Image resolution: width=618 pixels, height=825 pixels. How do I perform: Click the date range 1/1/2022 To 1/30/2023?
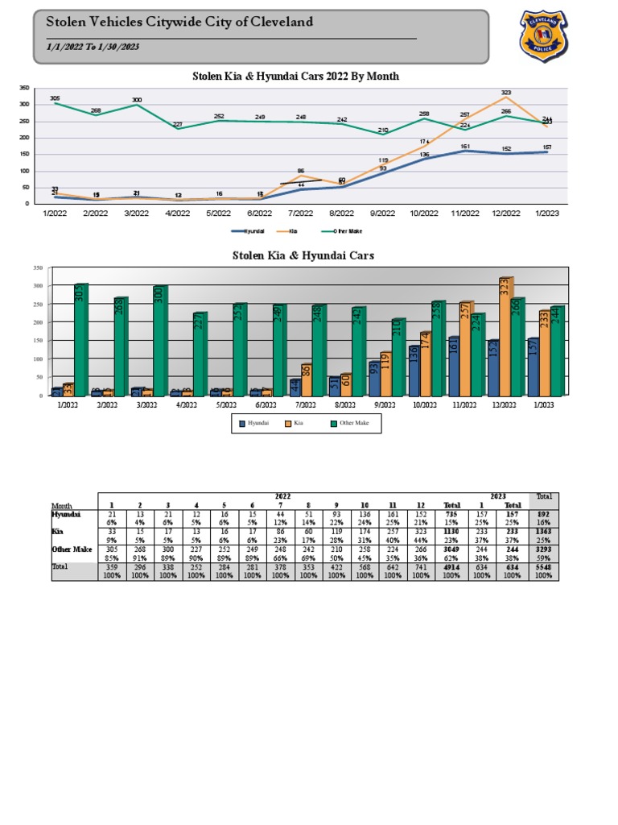[93, 48]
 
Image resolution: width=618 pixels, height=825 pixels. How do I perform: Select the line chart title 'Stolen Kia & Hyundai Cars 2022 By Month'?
[295, 77]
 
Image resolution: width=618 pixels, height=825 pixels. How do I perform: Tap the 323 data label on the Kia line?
[505, 93]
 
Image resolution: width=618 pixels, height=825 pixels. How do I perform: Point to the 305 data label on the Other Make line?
[55, 98]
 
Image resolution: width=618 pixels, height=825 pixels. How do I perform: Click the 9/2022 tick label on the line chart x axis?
[382, 214]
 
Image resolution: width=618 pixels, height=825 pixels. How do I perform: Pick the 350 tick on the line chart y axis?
[24, 88]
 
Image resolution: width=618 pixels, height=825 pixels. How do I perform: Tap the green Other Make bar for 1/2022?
[80, 339]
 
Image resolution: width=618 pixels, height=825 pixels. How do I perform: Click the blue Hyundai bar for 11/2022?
[453, 366]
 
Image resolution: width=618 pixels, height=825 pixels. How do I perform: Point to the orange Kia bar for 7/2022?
[307, 379]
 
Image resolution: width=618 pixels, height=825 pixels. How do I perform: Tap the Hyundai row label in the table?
[66, 513]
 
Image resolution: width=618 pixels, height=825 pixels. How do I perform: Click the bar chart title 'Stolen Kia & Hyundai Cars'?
[303, 255]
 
